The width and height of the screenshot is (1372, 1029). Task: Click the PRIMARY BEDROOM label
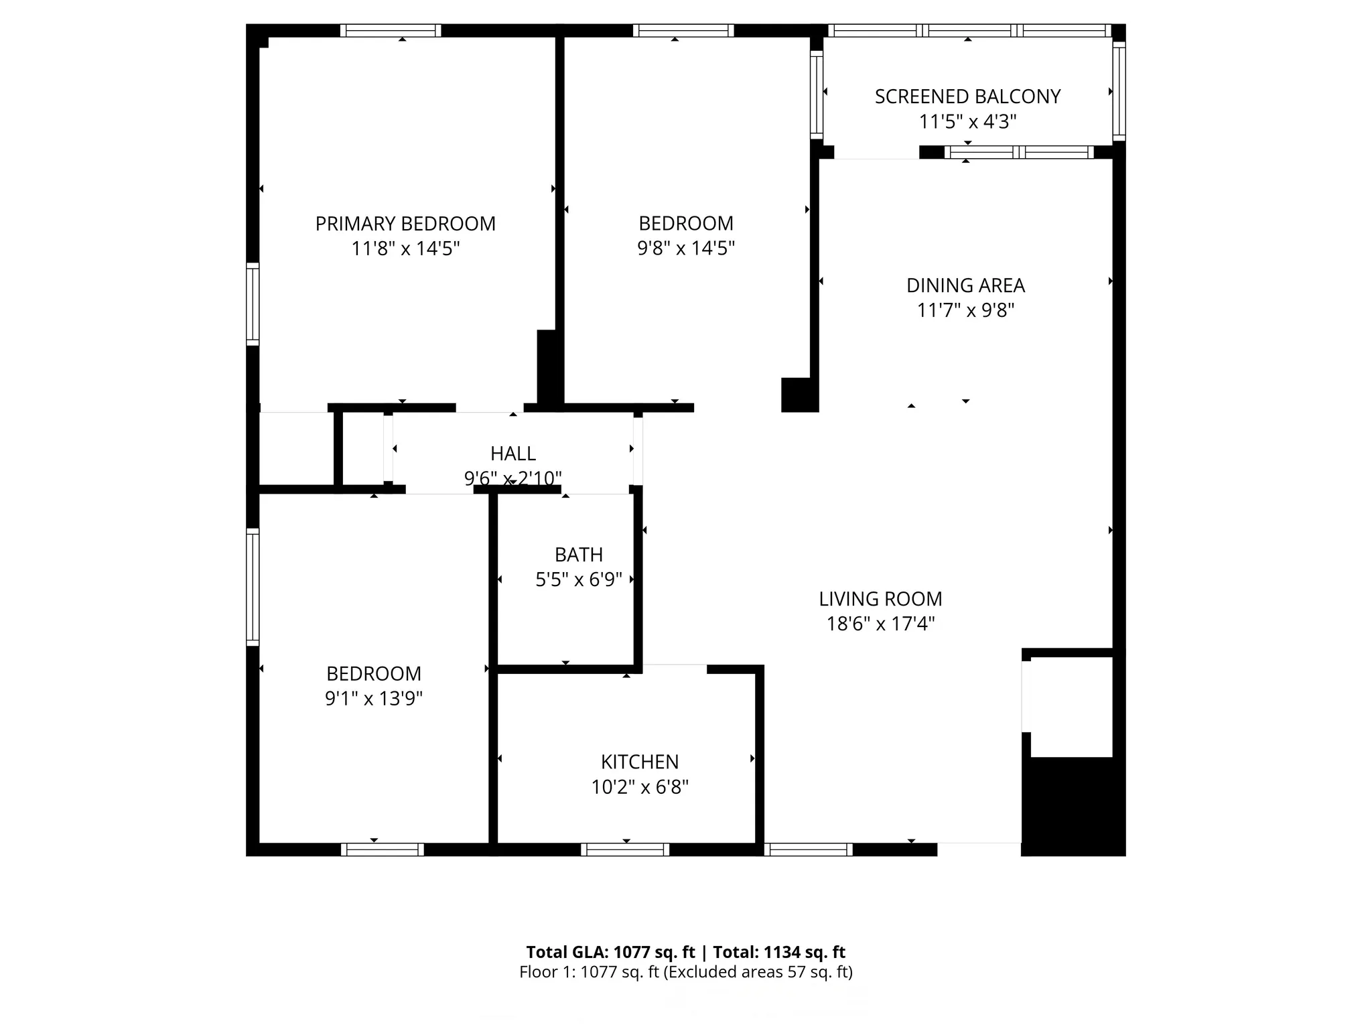(405, 224)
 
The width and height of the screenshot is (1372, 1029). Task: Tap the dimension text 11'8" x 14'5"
(405, 249)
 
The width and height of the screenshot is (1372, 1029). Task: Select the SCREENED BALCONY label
(967, 97)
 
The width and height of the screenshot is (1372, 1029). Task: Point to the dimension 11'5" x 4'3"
(967, 122)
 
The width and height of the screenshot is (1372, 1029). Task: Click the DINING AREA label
(965, 286)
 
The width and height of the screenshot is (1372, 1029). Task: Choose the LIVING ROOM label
(880, 599)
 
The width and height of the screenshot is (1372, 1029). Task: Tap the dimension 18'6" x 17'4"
(880, 624)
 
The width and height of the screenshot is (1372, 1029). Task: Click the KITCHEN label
(639, 762)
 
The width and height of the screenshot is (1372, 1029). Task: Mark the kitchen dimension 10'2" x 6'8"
(639, 787)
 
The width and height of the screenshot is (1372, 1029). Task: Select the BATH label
(578, 555)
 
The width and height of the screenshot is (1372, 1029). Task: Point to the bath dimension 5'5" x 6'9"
(578, 580)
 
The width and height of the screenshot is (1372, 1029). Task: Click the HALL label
(512, 454)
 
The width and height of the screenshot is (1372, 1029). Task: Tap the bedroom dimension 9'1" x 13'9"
(373, 699)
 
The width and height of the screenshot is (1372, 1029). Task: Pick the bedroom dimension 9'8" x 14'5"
(685, 249)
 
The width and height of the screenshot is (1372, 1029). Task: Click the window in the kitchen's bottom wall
(625, 849)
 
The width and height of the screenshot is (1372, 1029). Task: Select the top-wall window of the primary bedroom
(391, 31)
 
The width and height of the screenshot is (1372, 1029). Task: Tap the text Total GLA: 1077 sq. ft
(610, 953)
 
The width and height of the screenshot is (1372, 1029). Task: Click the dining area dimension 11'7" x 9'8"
(965, 311)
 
